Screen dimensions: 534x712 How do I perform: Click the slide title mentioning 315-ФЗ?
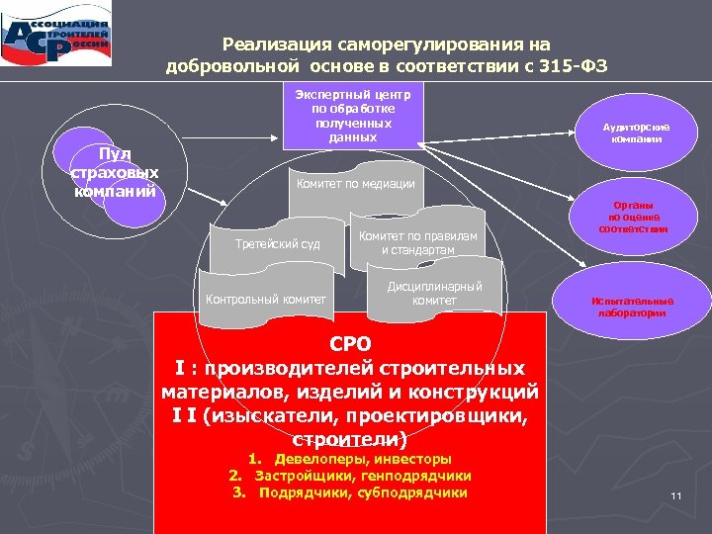[x=386, y=55]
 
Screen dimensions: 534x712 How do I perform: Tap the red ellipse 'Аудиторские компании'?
[x=636, y=133]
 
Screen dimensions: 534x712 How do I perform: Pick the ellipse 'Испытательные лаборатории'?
[x=632, y=307]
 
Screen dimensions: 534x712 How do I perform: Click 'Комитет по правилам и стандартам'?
[x=417, y=243]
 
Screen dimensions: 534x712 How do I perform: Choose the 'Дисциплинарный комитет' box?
[x=434, y=294]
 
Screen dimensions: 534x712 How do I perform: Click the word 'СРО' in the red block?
[x=350, y=344]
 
